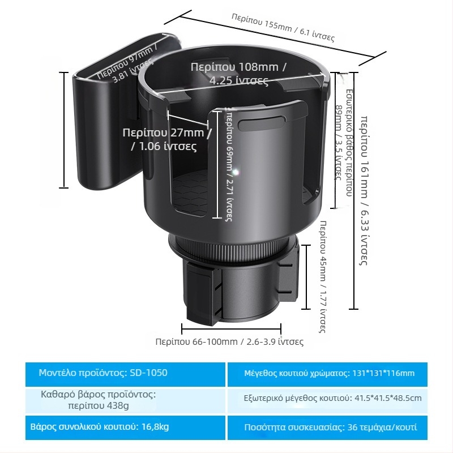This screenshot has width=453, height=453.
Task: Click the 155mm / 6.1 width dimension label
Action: pos(283,27)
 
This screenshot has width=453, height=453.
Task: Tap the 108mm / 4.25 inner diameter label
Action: pos(238,74)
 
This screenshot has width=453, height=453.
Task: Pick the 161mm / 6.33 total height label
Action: pos(366,190)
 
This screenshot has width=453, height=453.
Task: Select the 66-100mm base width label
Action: pos(229,341)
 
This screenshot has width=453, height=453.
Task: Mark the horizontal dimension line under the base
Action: pos(231,328)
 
